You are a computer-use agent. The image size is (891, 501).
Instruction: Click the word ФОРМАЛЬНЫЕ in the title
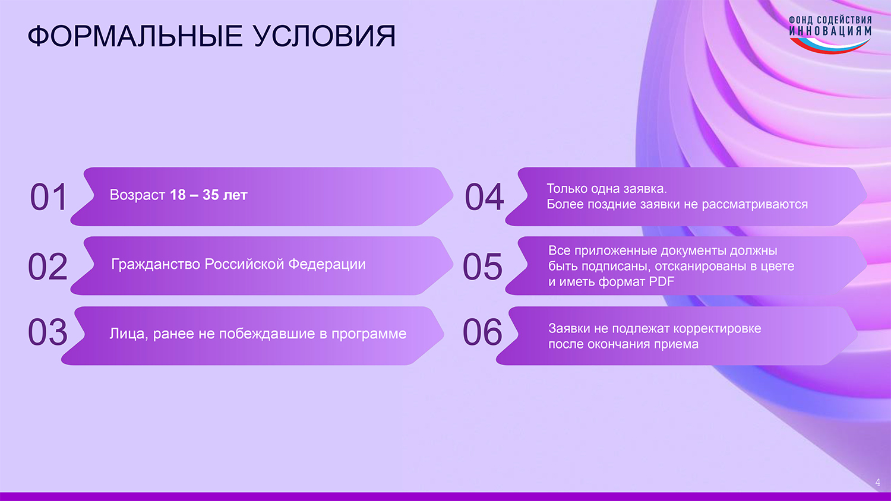[135, 36]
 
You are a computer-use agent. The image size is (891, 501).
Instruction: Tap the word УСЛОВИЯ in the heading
[324, 36]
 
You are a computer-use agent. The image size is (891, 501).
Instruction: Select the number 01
[48, 197]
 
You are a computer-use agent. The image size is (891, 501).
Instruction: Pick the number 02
[48, 266]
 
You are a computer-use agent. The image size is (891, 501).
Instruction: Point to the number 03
[48, 332]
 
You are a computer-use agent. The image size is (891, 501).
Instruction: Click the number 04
[484, 197]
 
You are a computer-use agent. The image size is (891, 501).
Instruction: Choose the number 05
[482, 266]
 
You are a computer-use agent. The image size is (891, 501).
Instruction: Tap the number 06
[482, 332]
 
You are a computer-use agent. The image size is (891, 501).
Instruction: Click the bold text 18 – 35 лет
[208, 195]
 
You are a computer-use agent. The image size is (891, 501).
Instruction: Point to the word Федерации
[327, 264]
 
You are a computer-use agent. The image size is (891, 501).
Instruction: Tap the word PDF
[662, 282]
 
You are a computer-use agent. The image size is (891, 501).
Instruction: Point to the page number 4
[878, 483]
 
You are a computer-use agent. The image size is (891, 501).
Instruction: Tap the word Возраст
[137, 195]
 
